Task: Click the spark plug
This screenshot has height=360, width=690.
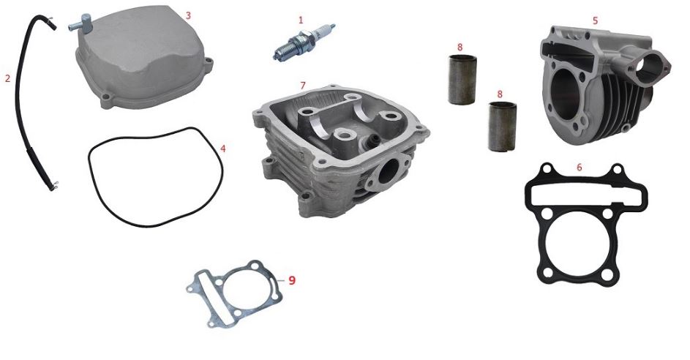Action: (304, 42)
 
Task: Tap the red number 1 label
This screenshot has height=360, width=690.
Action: (301, 20)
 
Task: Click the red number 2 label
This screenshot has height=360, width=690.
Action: (7, 78)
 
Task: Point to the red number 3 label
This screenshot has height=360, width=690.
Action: (188, 15)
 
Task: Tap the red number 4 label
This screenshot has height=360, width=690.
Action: (223, 149)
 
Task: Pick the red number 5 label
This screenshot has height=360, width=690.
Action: (596, 20)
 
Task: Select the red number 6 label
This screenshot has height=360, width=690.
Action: (579, 168)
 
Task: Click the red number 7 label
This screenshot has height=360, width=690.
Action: (303, 86)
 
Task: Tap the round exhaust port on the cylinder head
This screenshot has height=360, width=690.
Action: (388, 172)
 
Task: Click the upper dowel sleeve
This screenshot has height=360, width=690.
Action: (462, 80)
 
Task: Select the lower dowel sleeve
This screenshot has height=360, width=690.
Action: (502, 127)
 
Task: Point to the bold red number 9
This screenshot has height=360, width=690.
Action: (292, 280)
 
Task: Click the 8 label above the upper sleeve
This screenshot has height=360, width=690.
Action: (460, 47)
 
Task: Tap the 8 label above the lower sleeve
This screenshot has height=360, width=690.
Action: (500, 94)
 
